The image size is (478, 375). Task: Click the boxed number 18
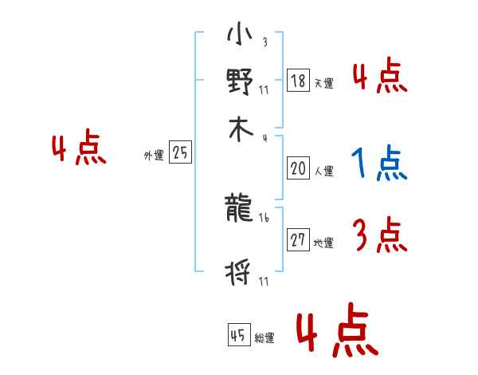point(298,81)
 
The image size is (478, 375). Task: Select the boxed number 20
point(298,168)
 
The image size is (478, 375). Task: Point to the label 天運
point(323,83)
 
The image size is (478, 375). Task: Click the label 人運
point(323,171)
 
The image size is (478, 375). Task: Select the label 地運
point(323,243)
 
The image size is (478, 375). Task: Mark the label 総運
point(264,338)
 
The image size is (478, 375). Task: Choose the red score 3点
point(379,235)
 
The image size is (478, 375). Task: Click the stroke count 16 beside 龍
point(264,216)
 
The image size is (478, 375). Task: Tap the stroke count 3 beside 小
point(264,42)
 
